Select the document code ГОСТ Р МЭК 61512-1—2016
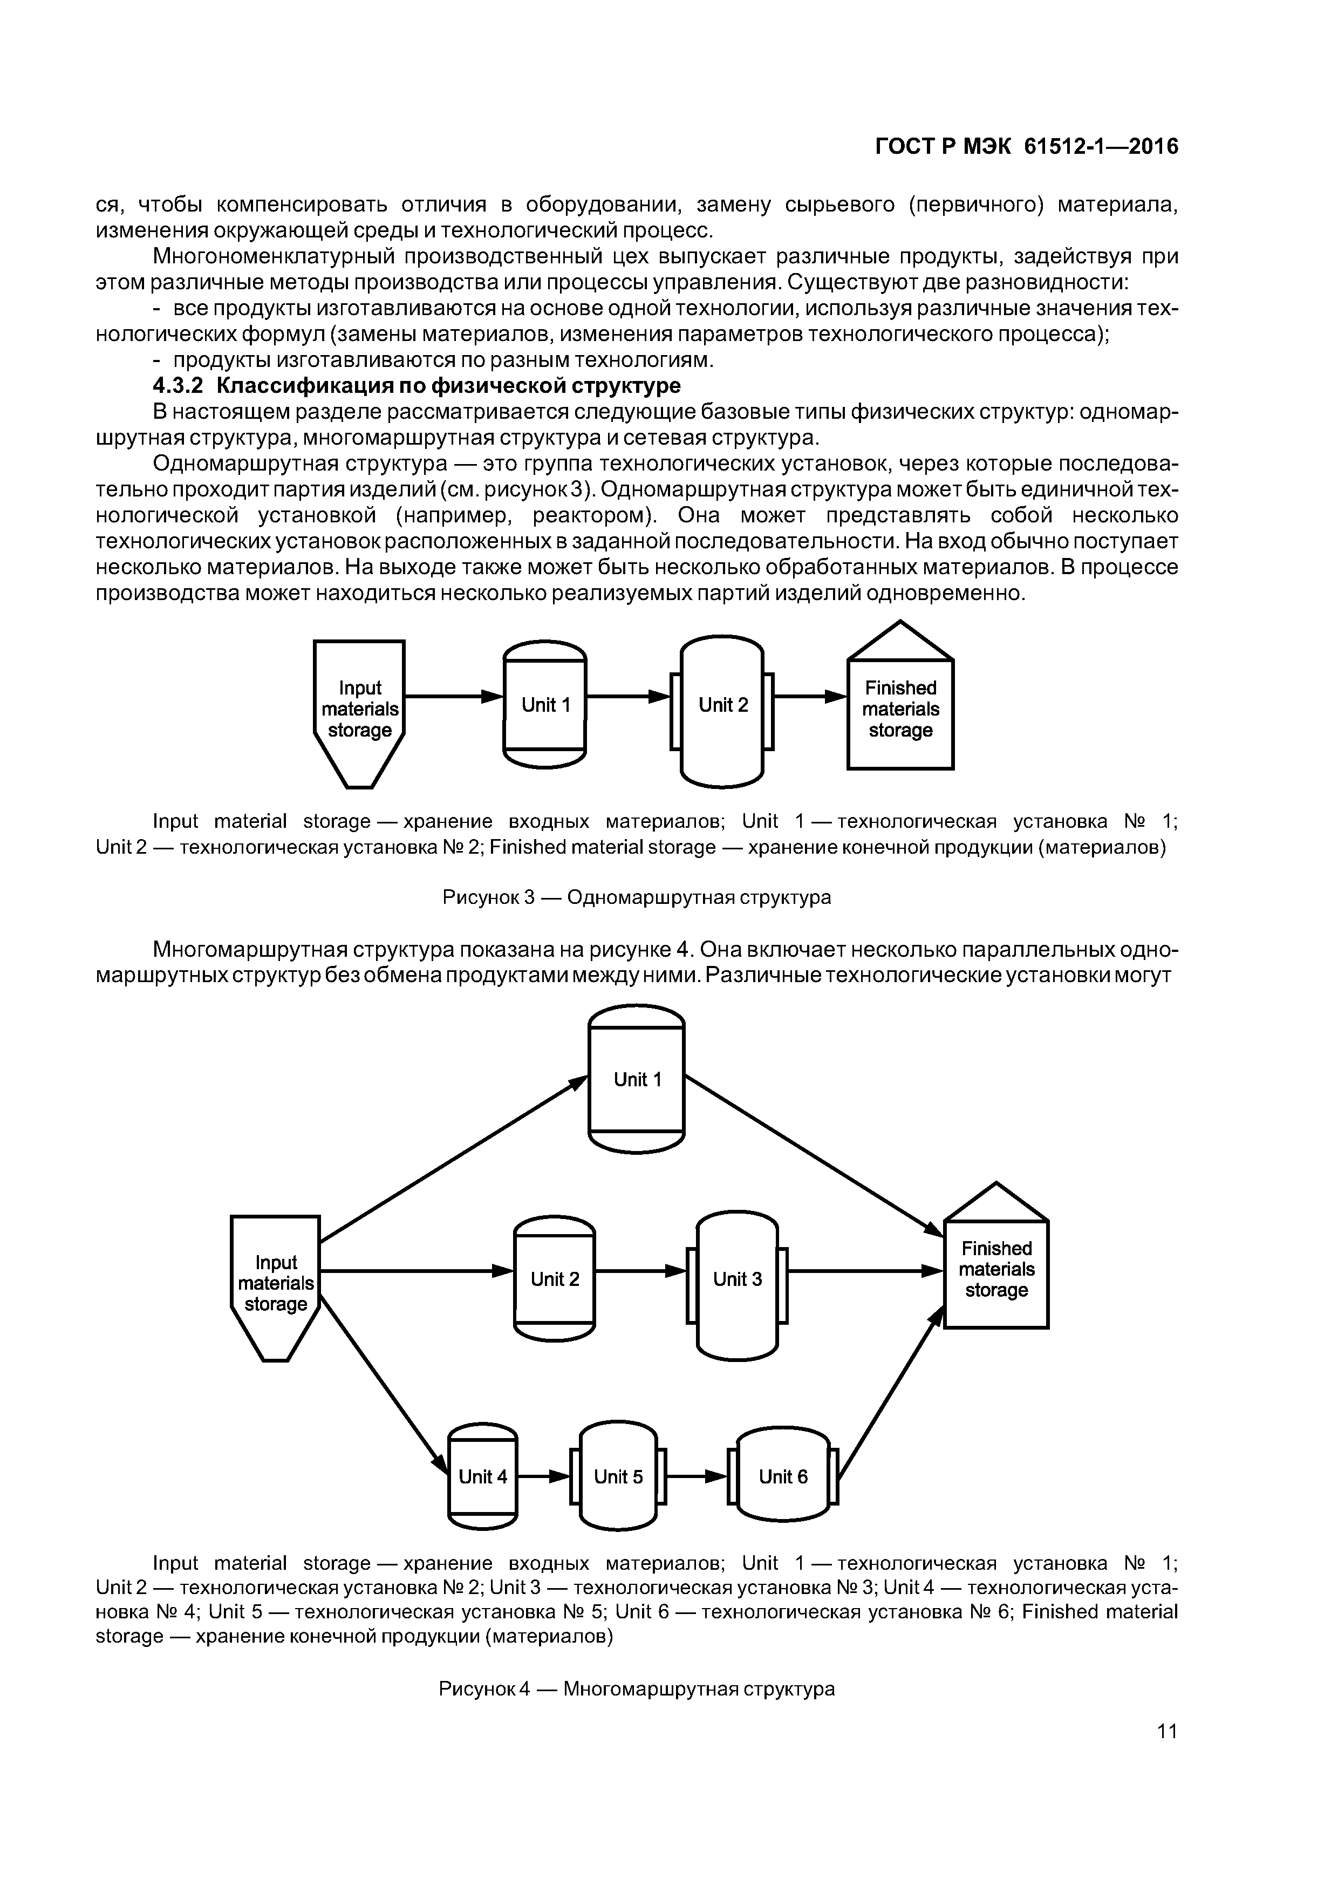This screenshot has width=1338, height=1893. [x=1026, y=147]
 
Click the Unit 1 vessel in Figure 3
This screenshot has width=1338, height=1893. [x=545, y=705]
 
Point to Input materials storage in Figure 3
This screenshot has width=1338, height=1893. [x=359, y=709]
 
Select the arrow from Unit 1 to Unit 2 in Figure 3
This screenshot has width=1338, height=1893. [x=628, y=697]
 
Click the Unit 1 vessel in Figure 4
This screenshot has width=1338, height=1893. [x=637, y=1080]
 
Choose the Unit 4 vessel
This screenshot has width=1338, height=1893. [x=482, y=1476]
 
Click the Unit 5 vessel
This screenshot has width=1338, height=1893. [x=618, y=1476]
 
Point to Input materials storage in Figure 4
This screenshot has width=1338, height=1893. [x=275, y=1284]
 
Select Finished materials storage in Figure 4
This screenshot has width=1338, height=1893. [x=996, y=1270]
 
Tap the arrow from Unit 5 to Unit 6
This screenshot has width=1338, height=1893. [x=697, y=1476]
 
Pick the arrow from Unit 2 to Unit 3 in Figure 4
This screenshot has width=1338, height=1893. [x=640, y=1270]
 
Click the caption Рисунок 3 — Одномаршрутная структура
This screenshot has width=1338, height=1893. [x=637, y=897]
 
